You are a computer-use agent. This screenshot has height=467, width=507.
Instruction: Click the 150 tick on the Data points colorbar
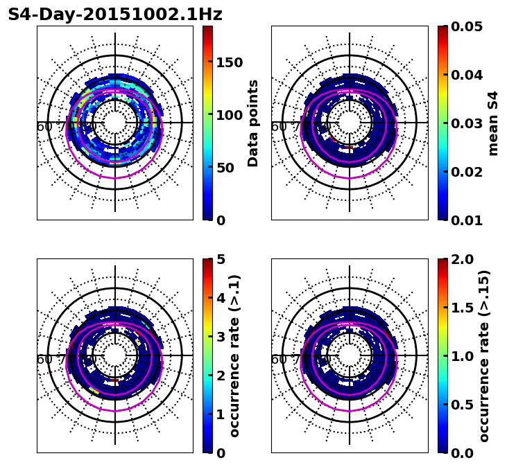click(229, 62)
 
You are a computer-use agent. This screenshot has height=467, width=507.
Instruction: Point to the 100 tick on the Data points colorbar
click(229, 115)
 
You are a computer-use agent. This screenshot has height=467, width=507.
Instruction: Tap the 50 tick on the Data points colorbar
click(225, 168)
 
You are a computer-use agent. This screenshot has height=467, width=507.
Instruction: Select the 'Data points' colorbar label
click(253, 123)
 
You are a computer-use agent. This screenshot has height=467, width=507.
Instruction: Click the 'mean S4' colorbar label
click(493, 123)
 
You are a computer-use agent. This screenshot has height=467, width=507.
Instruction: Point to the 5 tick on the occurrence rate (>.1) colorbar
click(221, 259)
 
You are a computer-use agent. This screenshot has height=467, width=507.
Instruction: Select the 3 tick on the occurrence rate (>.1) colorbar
click(221, 337)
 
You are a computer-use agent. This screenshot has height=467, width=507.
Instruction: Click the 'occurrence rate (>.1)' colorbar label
click(234, 355)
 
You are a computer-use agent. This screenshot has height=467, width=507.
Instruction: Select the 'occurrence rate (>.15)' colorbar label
click(484, 355)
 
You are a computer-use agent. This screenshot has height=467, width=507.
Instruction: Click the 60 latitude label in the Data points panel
click(44, 127)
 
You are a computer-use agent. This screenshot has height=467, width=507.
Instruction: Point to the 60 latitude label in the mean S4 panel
click(278, 127)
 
